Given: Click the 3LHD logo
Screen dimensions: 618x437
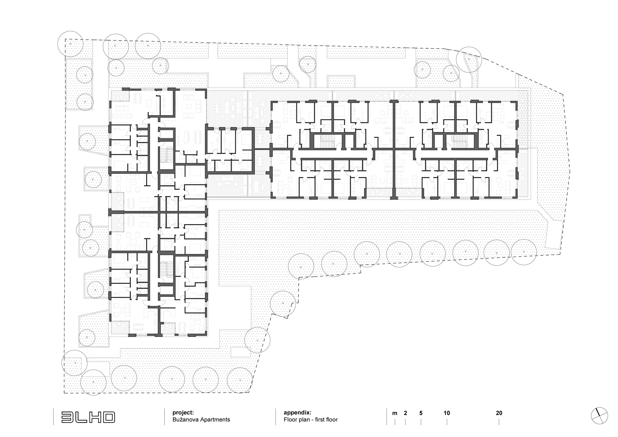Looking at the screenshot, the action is (x=88, y=417).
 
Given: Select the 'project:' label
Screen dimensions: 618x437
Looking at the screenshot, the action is (x=183, y=413).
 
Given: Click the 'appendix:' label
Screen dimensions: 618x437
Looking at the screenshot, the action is (x=297, y=413).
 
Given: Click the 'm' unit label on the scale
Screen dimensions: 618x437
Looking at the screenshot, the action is (x=395, y=413).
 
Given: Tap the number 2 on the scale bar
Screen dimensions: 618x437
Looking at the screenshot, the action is (x=406, y=413).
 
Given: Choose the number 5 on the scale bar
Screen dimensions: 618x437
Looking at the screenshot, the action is (x=421, y=413).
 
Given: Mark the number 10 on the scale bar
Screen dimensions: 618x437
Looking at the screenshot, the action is (x=447, y=413).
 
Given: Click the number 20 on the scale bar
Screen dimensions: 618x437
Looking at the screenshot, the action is (x=499, y=413).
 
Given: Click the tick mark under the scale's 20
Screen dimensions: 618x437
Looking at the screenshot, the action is (x=499, y=422).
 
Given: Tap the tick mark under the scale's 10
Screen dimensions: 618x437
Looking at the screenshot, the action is (x=447, y=422).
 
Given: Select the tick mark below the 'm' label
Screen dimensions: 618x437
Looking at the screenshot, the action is (x=395, y=422).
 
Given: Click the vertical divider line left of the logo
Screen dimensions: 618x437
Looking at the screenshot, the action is (x=53, y=417).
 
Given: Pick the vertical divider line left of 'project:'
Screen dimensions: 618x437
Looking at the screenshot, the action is (x=164, y=417).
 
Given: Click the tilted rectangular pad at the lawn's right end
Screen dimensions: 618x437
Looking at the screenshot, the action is (x=555, y=235).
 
